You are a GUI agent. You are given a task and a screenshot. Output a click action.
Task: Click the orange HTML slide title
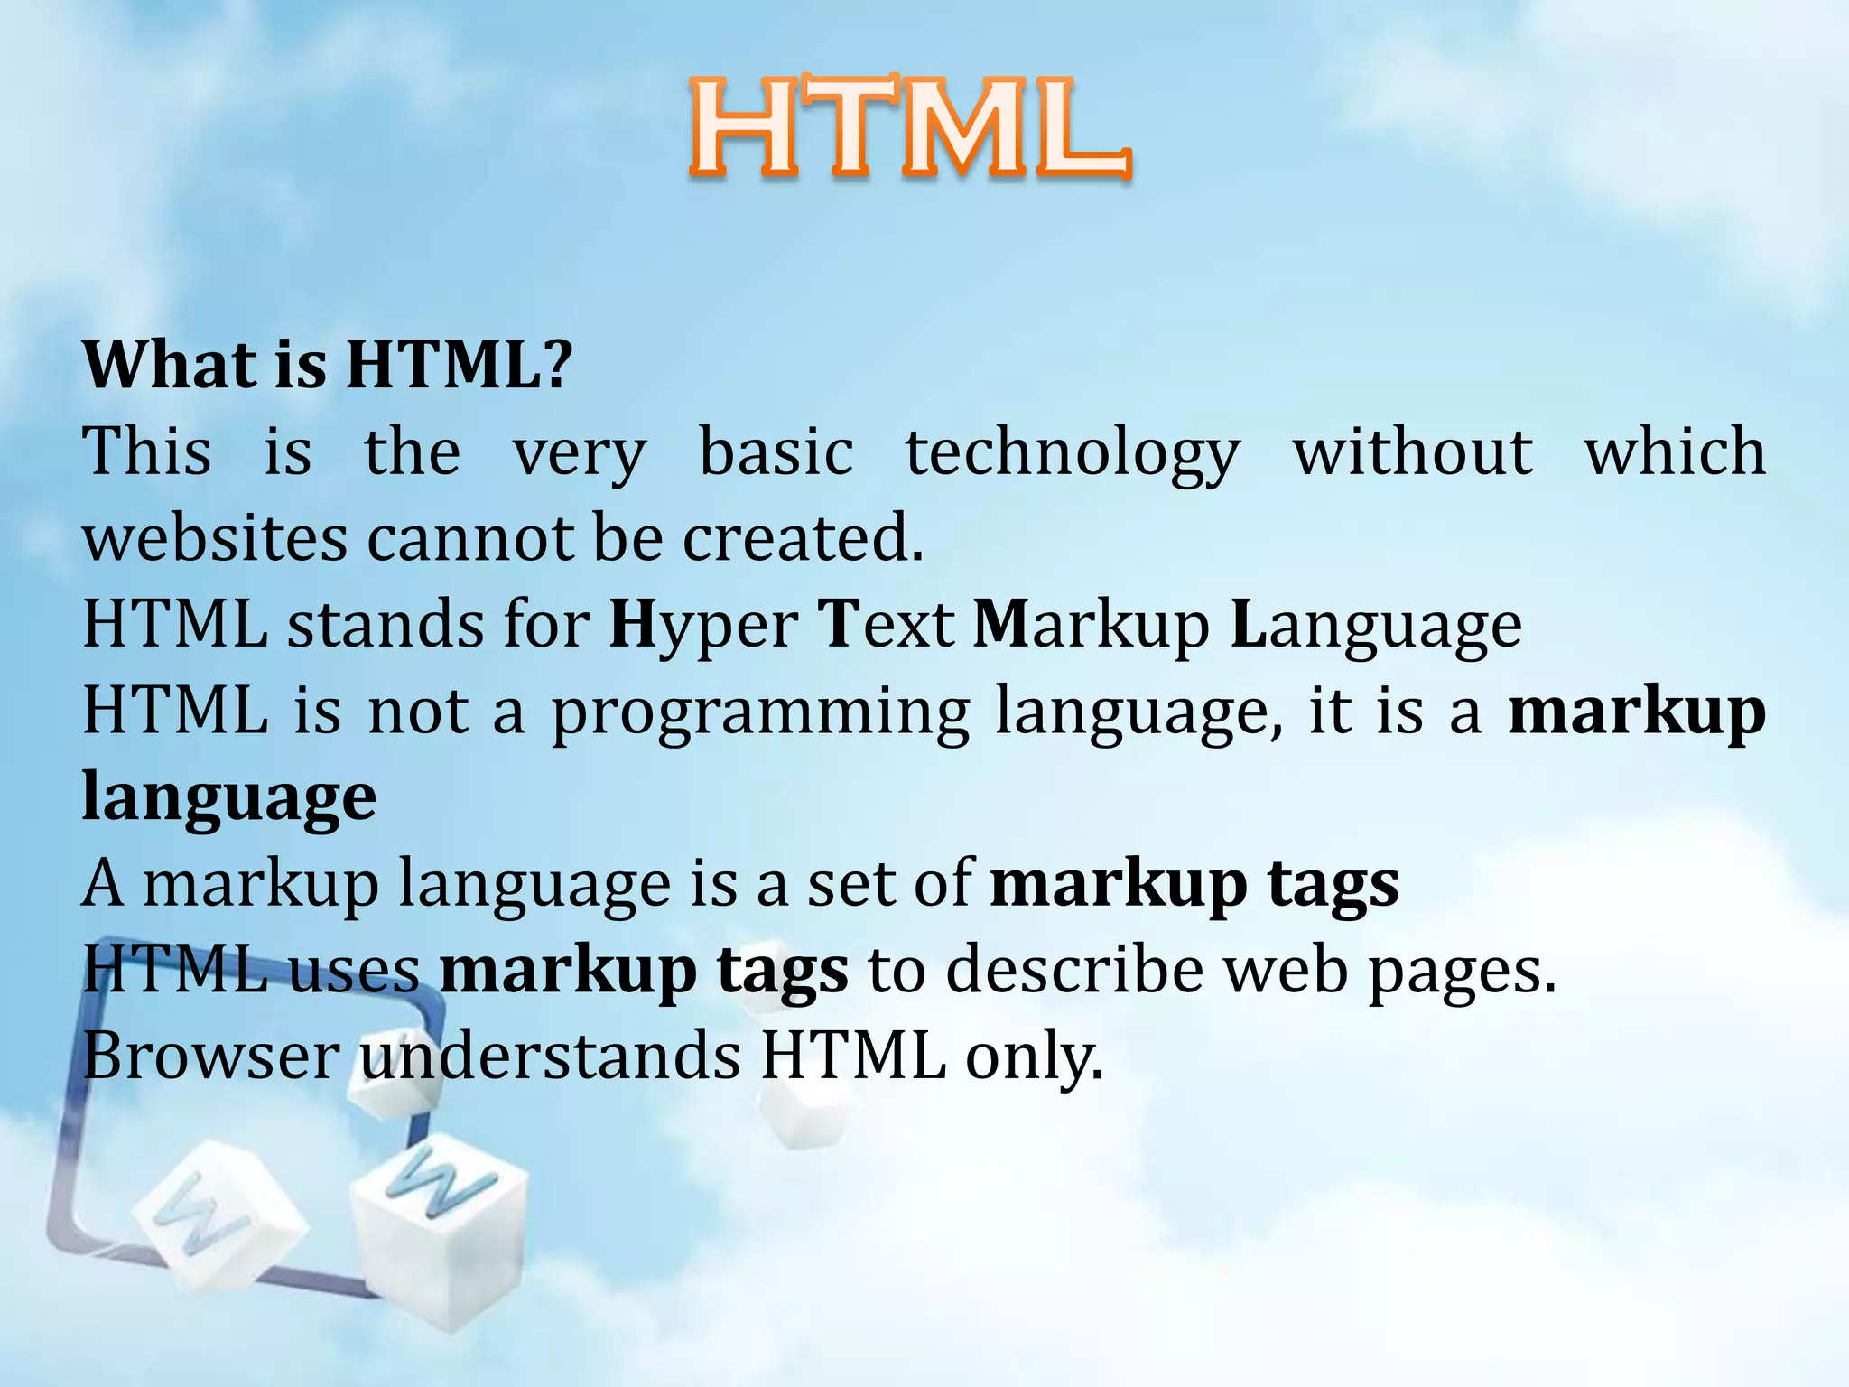(910, 128)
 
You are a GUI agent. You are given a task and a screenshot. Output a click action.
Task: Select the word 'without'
(1413, 451)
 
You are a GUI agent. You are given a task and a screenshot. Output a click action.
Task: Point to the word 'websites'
(215, 538)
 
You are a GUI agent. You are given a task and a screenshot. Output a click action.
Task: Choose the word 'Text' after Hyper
(886, 625)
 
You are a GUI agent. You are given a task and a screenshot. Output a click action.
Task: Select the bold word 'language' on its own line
(229, 798)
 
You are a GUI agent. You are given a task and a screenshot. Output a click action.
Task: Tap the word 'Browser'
(211, 1057)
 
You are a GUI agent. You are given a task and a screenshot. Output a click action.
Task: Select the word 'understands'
(551, 1057)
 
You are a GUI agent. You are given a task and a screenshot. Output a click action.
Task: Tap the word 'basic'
(776, 451)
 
